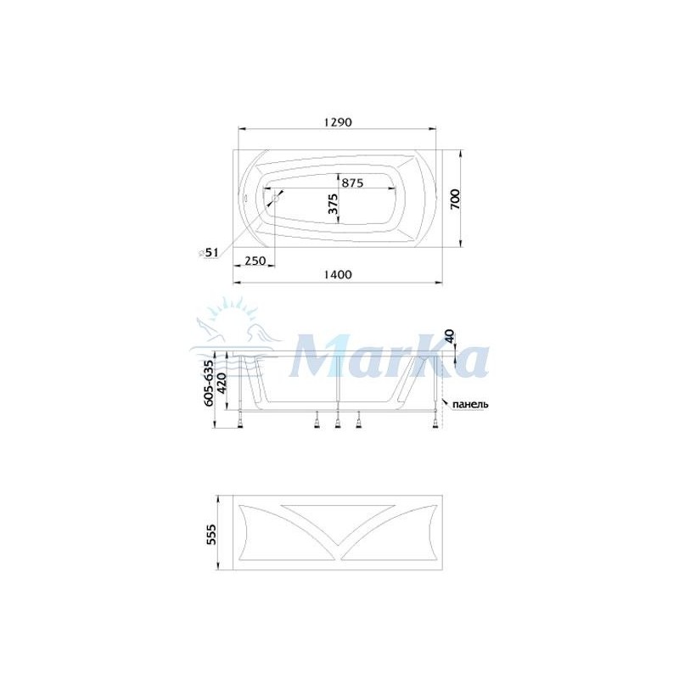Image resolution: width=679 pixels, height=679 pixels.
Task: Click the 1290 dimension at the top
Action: coord(338,122)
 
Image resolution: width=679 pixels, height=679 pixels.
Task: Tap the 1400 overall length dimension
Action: coord(338,274)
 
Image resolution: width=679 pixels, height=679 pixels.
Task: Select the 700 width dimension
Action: coord(455,199)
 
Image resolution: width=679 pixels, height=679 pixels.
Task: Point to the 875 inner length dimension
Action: coord(352,182)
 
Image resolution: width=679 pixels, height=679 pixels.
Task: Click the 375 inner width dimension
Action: coord(333,205)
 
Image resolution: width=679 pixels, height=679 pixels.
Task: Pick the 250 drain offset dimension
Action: coord(255,261)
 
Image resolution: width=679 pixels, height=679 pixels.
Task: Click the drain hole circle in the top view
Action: coord(275,199)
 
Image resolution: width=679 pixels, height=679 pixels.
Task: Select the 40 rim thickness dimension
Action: coord(450,336)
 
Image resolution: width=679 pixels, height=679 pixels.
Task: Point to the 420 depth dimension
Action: coord(222,383)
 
